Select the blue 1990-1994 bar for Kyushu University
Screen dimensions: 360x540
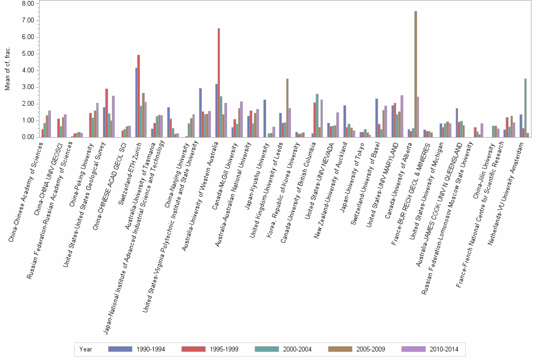tap(265, 119)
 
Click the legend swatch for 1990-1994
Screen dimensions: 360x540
tap(120, 349)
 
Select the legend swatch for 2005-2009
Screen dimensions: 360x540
tap(340, 349)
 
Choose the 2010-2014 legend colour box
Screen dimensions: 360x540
tap(413, 349)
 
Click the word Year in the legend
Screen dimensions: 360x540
tap(86, 350)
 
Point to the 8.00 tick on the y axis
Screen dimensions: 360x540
tap(28, 4)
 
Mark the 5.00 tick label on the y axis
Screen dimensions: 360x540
tap(28, 54)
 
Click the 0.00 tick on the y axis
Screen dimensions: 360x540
tap(28, 137)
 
